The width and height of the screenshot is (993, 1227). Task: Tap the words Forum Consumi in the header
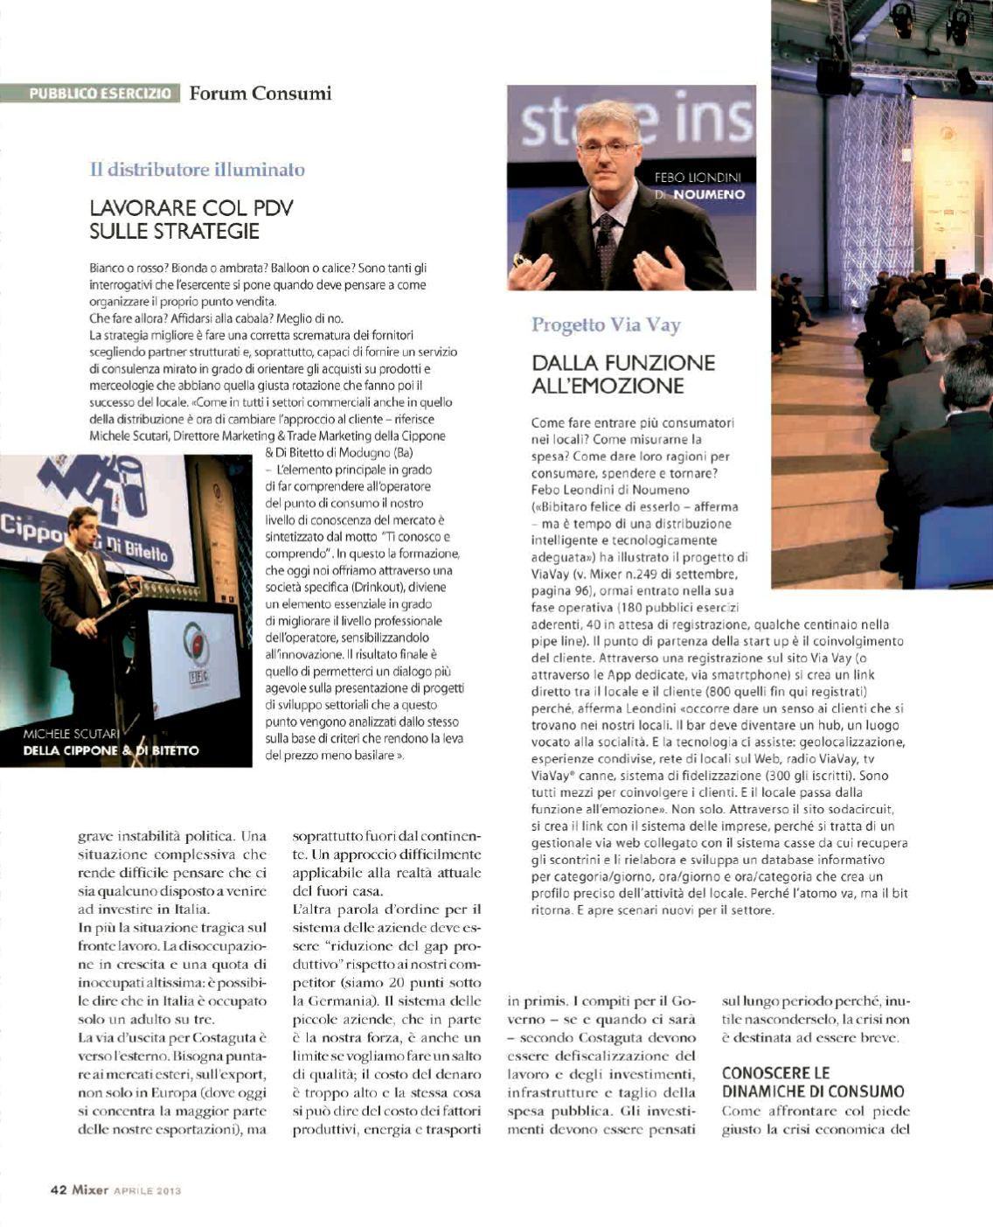[x=260, y=93]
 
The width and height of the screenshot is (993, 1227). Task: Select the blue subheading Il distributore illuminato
[x=198, y=170]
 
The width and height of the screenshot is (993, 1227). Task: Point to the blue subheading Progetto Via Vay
[x=606, y=325]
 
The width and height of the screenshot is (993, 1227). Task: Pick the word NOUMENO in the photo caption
[x=709, y=194]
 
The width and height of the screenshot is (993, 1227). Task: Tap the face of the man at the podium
[x=84, y=526]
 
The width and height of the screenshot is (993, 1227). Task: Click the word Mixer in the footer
[x=90, y=1189]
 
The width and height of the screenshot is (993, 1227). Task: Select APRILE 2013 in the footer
[x=148, y=1190]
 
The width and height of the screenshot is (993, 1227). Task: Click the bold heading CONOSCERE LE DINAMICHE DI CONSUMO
[x=813, y=1082]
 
